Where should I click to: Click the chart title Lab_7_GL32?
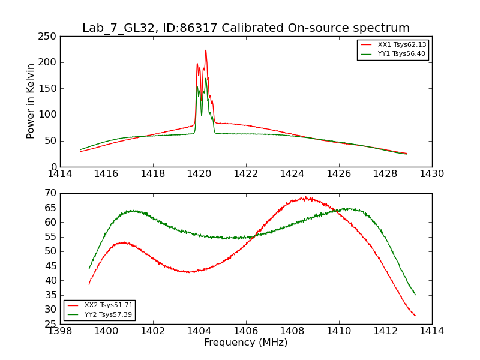tap(245, 28)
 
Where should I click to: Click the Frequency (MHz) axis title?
tap(245, 343)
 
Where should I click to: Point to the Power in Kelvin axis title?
tap(31, 101)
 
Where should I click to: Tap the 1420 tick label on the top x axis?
tap(199, 174)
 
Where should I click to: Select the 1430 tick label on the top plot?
tap(431, 174)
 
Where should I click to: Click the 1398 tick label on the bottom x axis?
tap(60, 331)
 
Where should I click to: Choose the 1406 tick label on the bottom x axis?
tap(246, 331)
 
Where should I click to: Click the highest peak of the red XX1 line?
tap(206, 50)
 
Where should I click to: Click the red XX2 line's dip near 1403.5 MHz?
tap(188, 272)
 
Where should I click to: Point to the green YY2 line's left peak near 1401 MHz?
tap(131, 211)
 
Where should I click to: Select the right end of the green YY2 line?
tap(415, 295)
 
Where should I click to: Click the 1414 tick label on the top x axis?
tap(60, 174)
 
